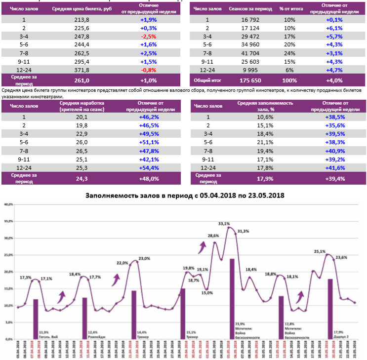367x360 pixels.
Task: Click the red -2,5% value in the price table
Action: tap(148, 36)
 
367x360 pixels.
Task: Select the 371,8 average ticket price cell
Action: tap(81, 70)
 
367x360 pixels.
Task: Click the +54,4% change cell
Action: tap(148, 167)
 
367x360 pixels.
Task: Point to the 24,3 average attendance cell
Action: tap(81, 178)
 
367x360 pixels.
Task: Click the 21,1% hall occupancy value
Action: tap(265, 142)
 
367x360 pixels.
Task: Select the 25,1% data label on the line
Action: tap(320, 251)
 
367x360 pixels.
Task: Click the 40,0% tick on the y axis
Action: tap(8, 204)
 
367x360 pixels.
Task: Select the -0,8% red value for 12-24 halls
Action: tap(148, 70)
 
